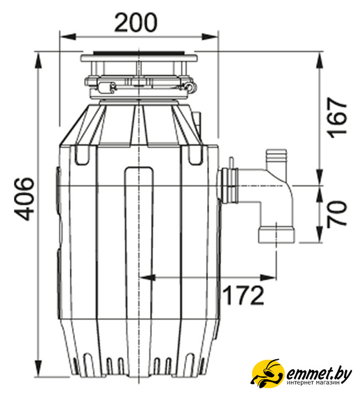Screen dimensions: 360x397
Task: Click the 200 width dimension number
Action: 136,23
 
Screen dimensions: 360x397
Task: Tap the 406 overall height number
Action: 25,198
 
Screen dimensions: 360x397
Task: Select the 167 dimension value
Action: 336,118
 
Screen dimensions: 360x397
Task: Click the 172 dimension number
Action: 244,295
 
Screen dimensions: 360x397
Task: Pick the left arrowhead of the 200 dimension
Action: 68,37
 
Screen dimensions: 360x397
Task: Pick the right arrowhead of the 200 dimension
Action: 209,37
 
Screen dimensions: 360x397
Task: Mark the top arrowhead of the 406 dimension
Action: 38,61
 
